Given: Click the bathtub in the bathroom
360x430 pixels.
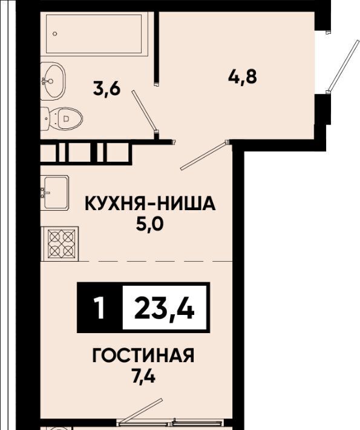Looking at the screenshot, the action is [94, 33].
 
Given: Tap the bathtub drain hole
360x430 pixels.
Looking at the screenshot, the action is [55, 34].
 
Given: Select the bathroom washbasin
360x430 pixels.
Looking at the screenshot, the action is [53, 81].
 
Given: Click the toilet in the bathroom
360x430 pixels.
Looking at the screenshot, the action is [61, 119].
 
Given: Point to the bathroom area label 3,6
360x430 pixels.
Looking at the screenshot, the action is [106, 89].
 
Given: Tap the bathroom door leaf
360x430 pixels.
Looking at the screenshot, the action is [143, 110].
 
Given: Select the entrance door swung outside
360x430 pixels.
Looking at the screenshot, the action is [342, 66].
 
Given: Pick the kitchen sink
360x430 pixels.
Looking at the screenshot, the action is [54, 193].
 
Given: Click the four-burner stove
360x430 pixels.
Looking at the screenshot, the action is [60, 243].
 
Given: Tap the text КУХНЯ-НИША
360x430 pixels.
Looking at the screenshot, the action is [151, 203].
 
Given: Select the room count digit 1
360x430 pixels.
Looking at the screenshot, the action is [99, 308].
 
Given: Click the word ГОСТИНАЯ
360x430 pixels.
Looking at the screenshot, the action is [143, 356].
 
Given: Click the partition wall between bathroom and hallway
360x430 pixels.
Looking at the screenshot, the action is [157, 47].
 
